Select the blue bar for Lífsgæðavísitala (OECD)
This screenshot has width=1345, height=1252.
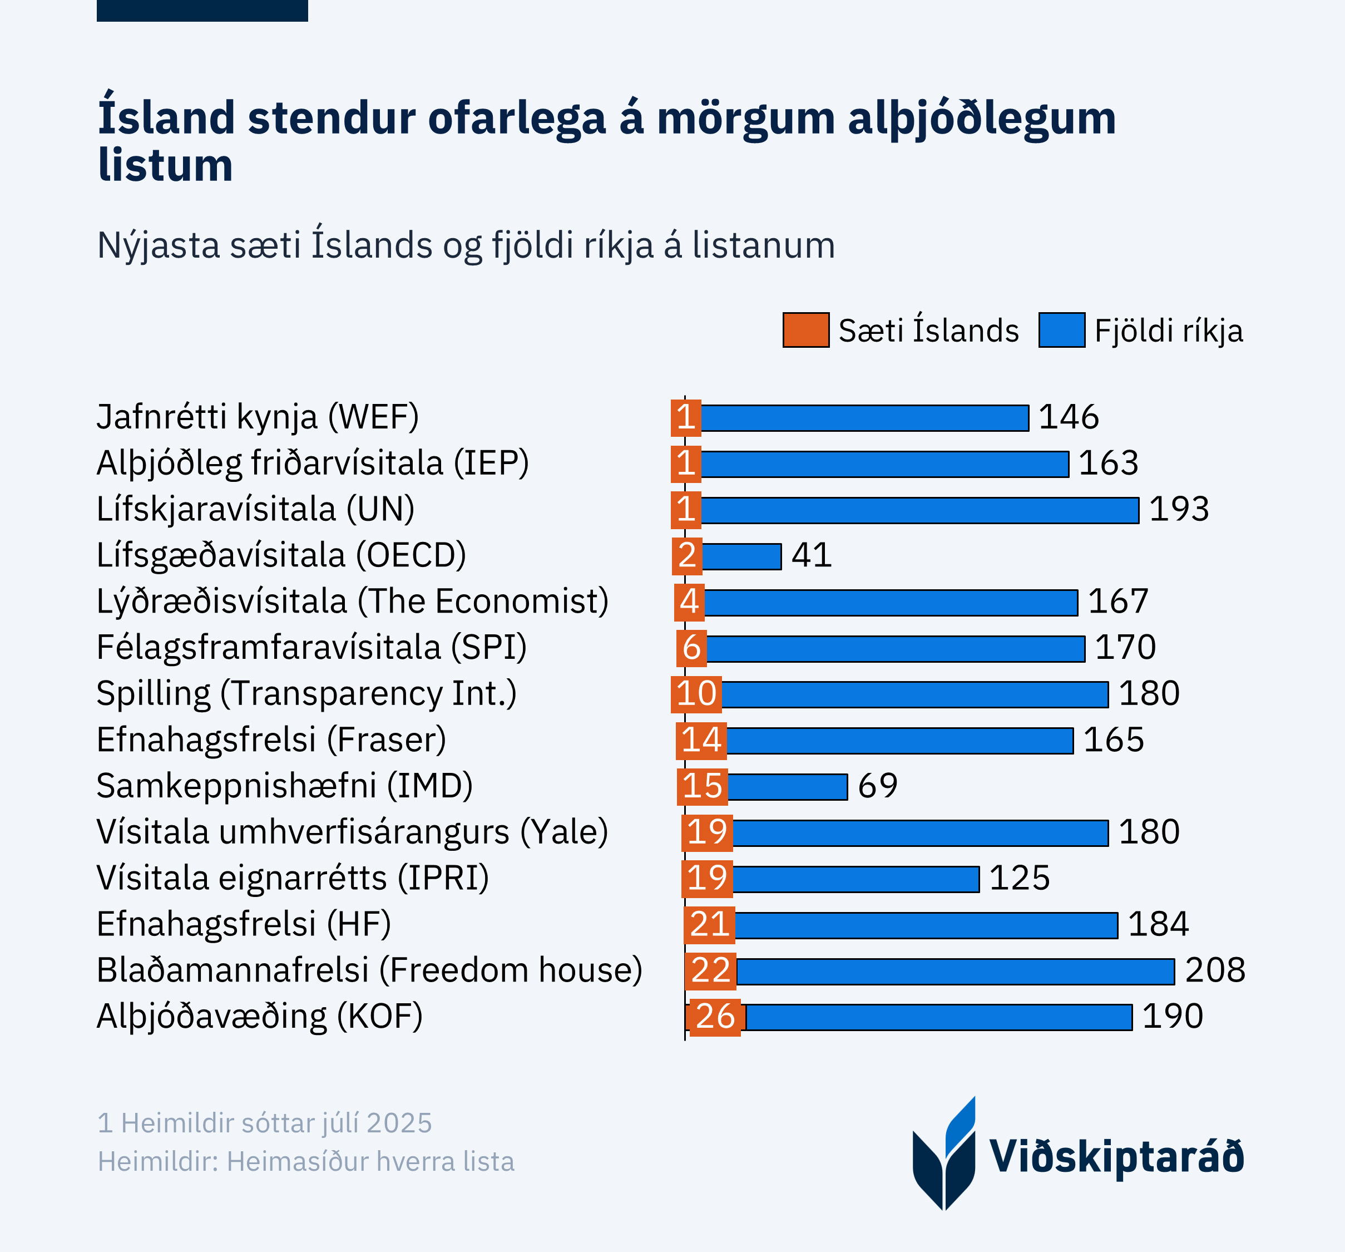(741, 556)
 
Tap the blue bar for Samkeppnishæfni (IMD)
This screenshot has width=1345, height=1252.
(788, 786)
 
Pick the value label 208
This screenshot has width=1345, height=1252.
(1215, 970)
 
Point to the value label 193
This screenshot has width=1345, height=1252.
(1179, 509)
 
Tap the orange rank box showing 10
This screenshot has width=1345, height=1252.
(696, 694)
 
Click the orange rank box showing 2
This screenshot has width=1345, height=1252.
(688, 556)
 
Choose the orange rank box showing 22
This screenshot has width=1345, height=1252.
(710, 970)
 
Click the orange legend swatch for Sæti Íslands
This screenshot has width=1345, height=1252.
(806, 331)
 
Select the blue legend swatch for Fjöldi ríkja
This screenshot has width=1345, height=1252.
(1061, 331)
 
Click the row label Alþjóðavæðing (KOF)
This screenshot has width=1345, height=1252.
(260, 1017)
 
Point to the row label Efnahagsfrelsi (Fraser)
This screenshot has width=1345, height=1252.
(271, 740)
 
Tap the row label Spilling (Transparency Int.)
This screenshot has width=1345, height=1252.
(306, 694)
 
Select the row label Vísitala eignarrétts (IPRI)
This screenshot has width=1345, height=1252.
(292, 878)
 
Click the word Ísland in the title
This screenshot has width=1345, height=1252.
(166, 118)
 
